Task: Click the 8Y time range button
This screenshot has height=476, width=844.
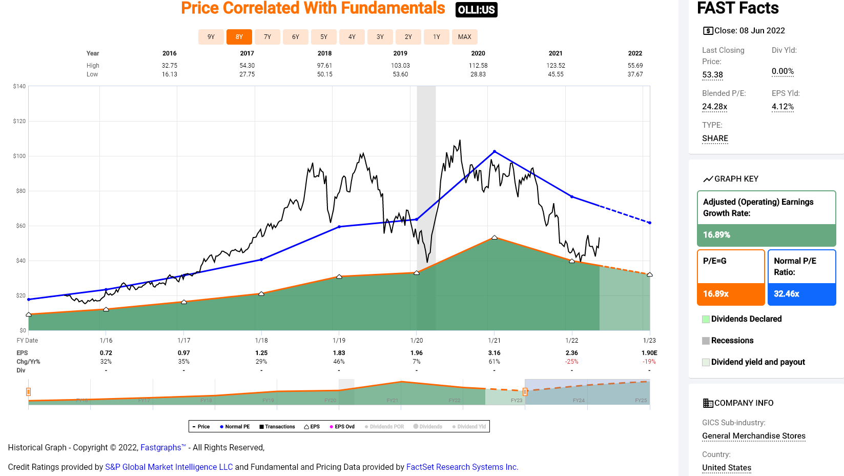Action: click(x=239, y=37)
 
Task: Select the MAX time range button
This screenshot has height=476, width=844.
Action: click(x=465, y=37)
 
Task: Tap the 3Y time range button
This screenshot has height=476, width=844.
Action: click(x=380, y=37)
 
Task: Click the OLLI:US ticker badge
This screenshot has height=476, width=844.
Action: click(x=476, y=10)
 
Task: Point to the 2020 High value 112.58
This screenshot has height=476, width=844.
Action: click(x=478, y=66)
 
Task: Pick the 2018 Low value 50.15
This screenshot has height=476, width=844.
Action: click(x=324, y=74)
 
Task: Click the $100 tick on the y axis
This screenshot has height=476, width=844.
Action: click(x=19, y=156)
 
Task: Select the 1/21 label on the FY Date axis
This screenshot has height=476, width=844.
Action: click(x=494, y=341)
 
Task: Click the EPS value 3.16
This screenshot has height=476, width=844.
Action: click(x=494, y=353)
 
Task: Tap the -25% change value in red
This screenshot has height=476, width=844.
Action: click(x=572, y=362)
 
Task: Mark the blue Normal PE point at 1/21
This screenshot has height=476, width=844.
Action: click(x=495, y=151)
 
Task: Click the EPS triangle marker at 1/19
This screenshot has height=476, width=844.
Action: click(x=339, y=276)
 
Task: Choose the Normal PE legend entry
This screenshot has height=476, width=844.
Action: click(x=235, y=427)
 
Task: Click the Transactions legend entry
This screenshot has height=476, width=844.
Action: click(x=277, y=427)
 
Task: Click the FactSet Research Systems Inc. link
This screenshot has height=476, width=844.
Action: click(x=462, y=467)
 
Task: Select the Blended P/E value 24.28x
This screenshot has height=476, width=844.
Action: click(x=714, y=107)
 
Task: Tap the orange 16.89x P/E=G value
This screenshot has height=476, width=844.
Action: click(x=716, y=294)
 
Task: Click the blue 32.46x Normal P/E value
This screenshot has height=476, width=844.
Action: click(x=787, y=294)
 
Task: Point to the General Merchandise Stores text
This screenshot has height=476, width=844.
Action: click(x=753, y=436)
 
